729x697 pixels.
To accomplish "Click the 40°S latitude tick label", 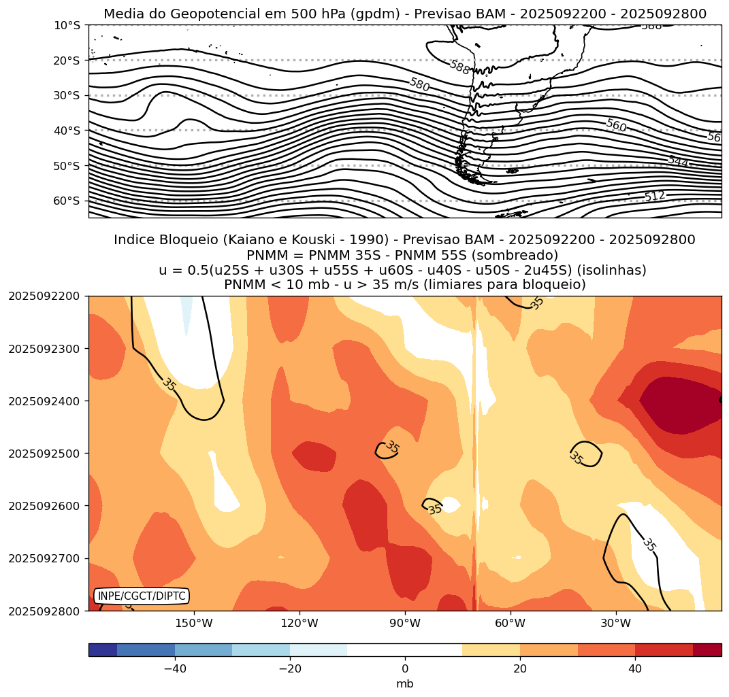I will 67,131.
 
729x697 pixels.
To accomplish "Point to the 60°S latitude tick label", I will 67,201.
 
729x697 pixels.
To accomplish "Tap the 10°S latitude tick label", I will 67,25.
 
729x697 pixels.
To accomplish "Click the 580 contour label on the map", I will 419,84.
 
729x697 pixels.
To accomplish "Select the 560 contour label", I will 616,125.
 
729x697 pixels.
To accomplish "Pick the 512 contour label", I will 655,196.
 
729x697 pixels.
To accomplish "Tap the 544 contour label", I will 678,161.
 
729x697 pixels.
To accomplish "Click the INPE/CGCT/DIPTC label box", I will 142,596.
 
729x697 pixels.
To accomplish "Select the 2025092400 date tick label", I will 44,401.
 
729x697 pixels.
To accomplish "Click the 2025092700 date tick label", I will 44,558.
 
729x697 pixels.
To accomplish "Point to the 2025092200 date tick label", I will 44,296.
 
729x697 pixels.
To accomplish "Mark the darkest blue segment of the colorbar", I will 103,650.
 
